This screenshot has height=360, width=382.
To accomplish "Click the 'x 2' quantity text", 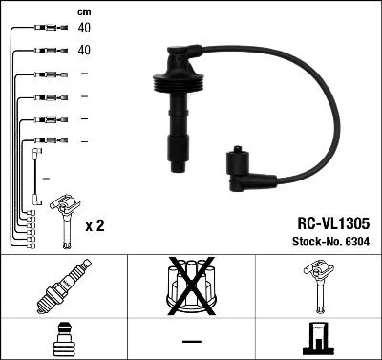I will (95, 225).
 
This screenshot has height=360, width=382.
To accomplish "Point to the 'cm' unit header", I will (83, 11).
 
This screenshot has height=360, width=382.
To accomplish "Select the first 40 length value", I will (84, 29).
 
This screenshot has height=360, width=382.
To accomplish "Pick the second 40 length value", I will (84, 50).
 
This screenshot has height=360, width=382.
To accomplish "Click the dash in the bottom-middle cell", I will (191, 339).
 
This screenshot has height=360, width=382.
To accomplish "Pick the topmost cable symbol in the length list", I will (44, 29).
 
